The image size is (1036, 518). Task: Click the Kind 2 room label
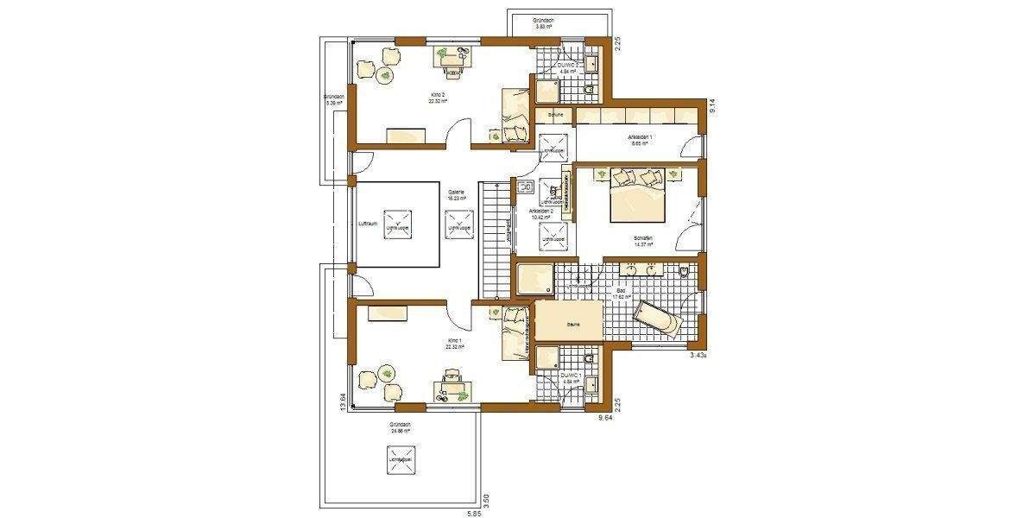click(438, 93)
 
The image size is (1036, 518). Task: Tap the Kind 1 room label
click(454, 341)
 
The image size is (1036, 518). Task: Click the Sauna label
click(572, 324)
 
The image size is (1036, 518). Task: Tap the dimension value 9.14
click(712, 107)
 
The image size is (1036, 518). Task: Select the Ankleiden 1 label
click(640, 140)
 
